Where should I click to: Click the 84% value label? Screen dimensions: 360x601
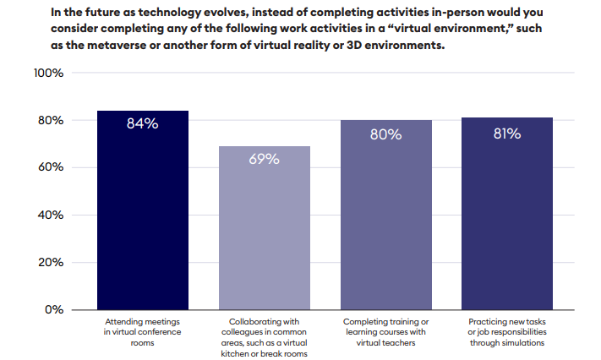(x=143, y=123)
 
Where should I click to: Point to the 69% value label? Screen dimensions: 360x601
(x=265, y=159)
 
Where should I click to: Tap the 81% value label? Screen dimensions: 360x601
(x=507, y=133)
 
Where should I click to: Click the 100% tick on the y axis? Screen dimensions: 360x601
(x=48, y=74)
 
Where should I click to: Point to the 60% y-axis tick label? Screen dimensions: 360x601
(x=51, y=167)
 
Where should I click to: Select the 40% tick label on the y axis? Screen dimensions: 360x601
(x=51, y=215)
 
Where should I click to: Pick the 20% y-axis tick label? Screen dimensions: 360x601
(x=51, y=262)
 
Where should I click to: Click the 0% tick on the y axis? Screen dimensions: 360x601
(x=54, y=309)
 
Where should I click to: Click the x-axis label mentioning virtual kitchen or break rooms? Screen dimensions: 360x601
(x=265, y=337)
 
